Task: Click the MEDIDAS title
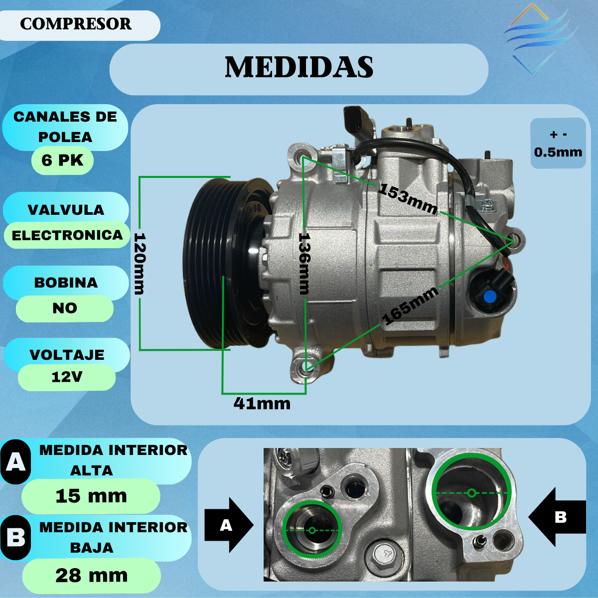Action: pyautogui.click(x=299, y=67)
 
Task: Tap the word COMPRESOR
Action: pyautogui.click(x=76, y=24)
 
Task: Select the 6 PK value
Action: pyautogui.click(x=62, y=160)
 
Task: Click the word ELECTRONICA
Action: pyautogui.click(x=67, y=235)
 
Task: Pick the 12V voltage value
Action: pyautogui.click(x=67, y=377)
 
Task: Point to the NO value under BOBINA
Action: pyautogui.click(x=65, y=308)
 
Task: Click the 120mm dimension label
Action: pyautogui.click(x=140, y=264)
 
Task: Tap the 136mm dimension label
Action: pyautogui.click(x=304, y=264)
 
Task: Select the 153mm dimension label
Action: pyautogui.click(x=408, y=199)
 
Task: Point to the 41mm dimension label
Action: pyautogui.click(x=262, y=404)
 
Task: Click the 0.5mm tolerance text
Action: pyautogui.click(x=558, y=152)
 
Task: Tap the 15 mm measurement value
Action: pyautogui.click(x=91, y=495)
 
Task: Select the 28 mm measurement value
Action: pyautogui.click(x=92, y=576)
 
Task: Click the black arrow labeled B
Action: pyautogui.click(x=557, y=517)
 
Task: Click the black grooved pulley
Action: pyautogui.click(x=228, y=263)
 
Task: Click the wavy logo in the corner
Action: pyautogui.click(x=541, y=39)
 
